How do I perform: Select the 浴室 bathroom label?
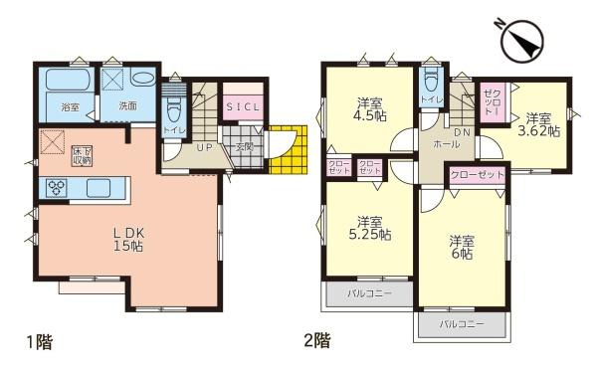pyautogui.click(x=70, y=104)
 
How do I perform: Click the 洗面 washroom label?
pyautogui.click(x=128, y=104)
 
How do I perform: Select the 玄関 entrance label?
pyautogui.click(x=243, y=147)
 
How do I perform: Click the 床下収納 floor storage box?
pyautogui.click(x=81, y=155)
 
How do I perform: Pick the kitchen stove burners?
pyautogui.click(x=56, y=187)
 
